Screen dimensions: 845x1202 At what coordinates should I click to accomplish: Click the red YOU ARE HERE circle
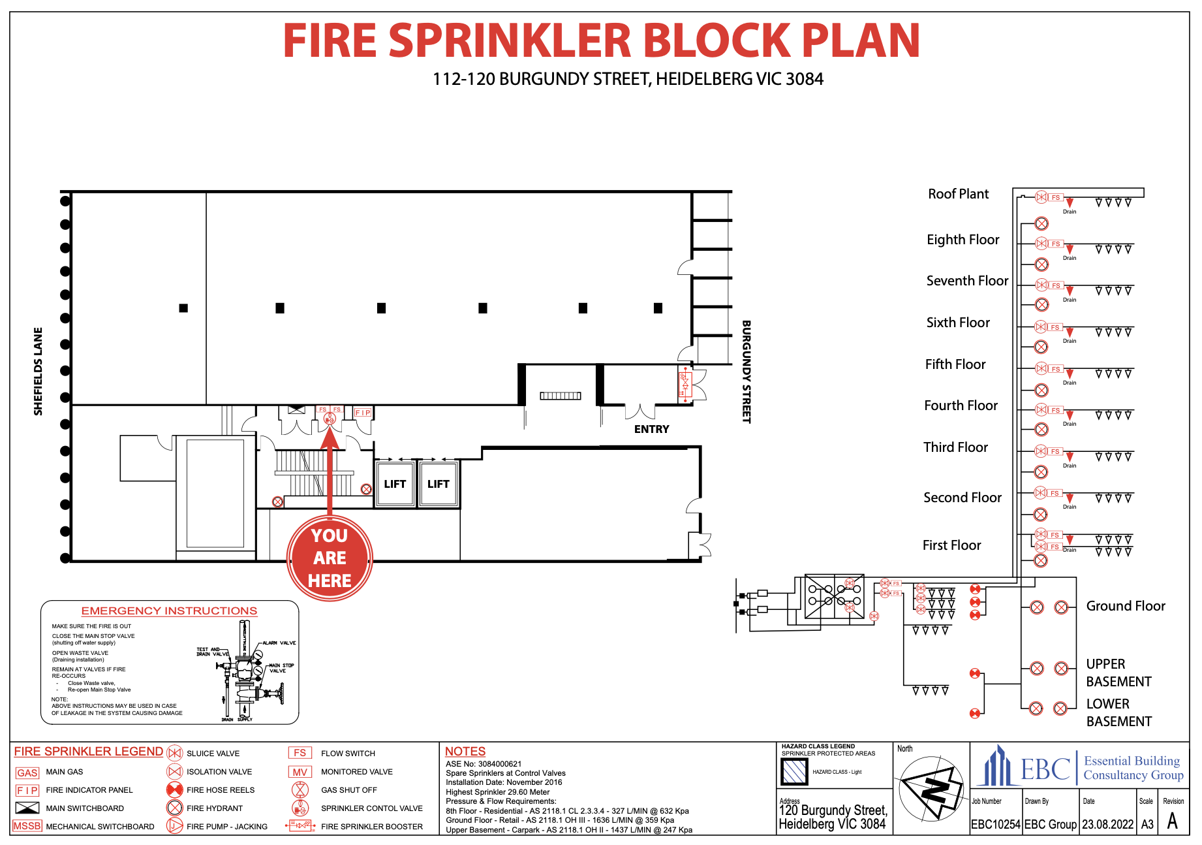point(330,558)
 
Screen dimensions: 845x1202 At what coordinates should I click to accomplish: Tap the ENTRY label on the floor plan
point(651,429)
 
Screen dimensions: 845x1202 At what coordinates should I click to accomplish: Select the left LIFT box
point(395,484)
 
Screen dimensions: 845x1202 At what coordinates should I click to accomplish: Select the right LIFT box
point(438,484)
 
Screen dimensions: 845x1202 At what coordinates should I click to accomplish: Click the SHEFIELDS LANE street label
point(39,371)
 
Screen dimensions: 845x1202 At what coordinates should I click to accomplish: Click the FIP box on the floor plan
point(363,413)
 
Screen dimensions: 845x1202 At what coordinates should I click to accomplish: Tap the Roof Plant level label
point(958,194)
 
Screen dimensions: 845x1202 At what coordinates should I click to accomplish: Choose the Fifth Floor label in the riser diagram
point(955,364)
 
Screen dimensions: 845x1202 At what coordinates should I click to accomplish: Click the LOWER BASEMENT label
point(1118,712)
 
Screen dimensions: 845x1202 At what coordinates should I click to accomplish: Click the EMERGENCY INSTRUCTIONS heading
point(169,611)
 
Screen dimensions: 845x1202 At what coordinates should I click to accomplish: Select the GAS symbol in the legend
point(27,773)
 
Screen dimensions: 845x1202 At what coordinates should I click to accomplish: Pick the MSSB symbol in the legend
point(27,826)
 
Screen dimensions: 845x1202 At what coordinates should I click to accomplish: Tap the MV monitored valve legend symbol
point(300,772)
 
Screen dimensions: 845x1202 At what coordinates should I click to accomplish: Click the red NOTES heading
point(465,752)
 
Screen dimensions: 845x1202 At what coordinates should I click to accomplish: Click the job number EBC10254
point(995,824)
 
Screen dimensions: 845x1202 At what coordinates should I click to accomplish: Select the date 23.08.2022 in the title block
point(1107,824)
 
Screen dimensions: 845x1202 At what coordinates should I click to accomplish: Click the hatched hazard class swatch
point(794,772)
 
